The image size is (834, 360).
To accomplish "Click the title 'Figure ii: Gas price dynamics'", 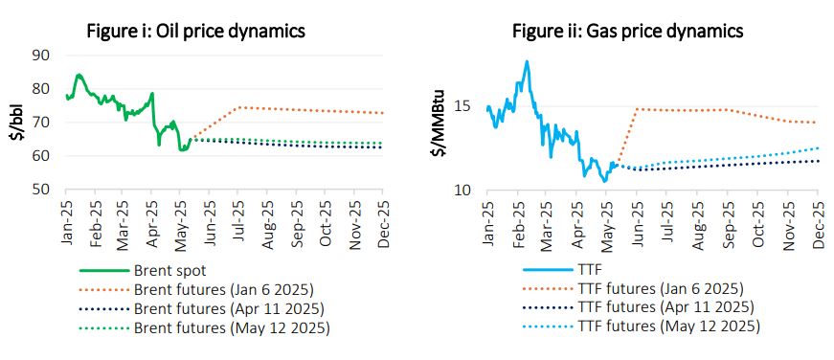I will click(627, 31).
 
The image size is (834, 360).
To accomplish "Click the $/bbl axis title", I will click(15, 123).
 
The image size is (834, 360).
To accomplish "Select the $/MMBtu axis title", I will click(440, 123).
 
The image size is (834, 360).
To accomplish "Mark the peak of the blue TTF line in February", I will click(527, 61).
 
